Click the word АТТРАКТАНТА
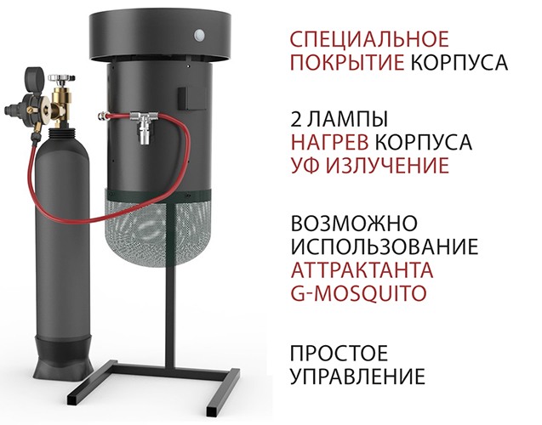pyautogui.click(x=362, y=272)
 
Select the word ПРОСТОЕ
pyautogui.click(x=339, y=352)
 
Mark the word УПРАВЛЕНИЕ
pyautogui.click(x=357, y=376)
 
